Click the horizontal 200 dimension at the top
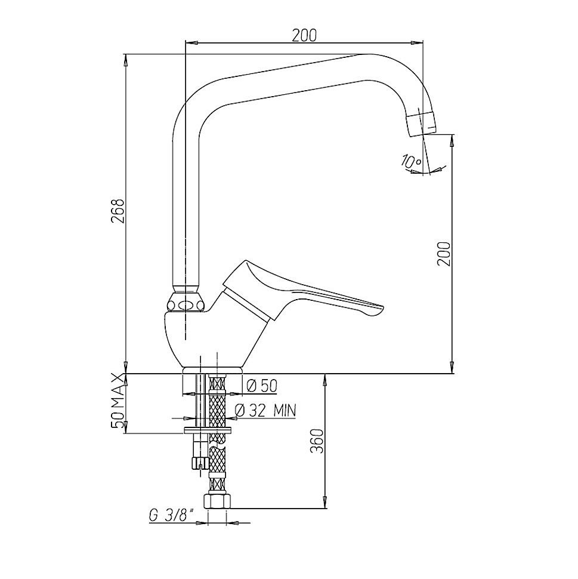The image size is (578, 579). tap(304, 35)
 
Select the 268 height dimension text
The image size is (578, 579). tap(119, 211)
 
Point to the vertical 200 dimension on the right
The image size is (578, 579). tap(444, 254)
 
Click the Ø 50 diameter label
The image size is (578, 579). tap(261, 386)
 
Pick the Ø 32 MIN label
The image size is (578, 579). tap(265, 410)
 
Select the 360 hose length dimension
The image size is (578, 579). tap(316, 441)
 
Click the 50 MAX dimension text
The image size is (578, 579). tap(119, 401)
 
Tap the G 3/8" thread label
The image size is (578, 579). tap(172, 515)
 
